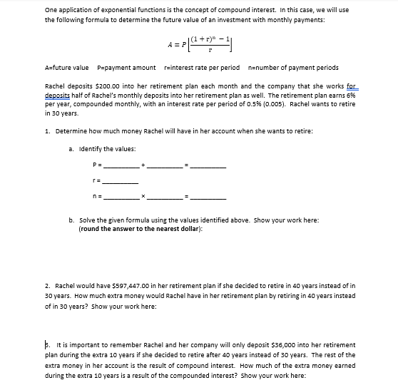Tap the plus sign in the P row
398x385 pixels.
click(143, 165)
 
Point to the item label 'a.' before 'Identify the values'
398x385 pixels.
click(71, 148)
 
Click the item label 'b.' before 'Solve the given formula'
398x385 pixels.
click(71, 220)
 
